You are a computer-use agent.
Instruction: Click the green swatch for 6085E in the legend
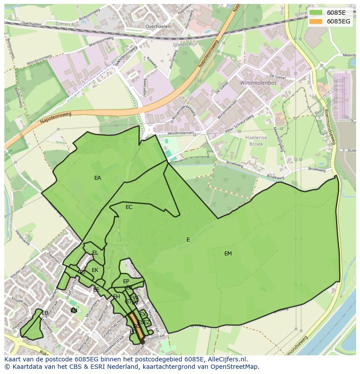point(316,13)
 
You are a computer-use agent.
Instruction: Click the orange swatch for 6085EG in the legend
point(316,21)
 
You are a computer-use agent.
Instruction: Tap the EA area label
point(97,178)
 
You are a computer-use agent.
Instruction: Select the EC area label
point(129,207)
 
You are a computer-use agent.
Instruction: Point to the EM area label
point(228,254)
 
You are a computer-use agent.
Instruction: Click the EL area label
point(95,253)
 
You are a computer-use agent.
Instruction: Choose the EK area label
point(95,270)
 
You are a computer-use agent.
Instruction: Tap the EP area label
point(126,281)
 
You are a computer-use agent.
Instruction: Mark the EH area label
point(117,297)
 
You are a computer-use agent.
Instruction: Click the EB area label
point(45,313)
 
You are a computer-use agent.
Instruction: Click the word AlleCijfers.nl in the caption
point(227,359)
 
